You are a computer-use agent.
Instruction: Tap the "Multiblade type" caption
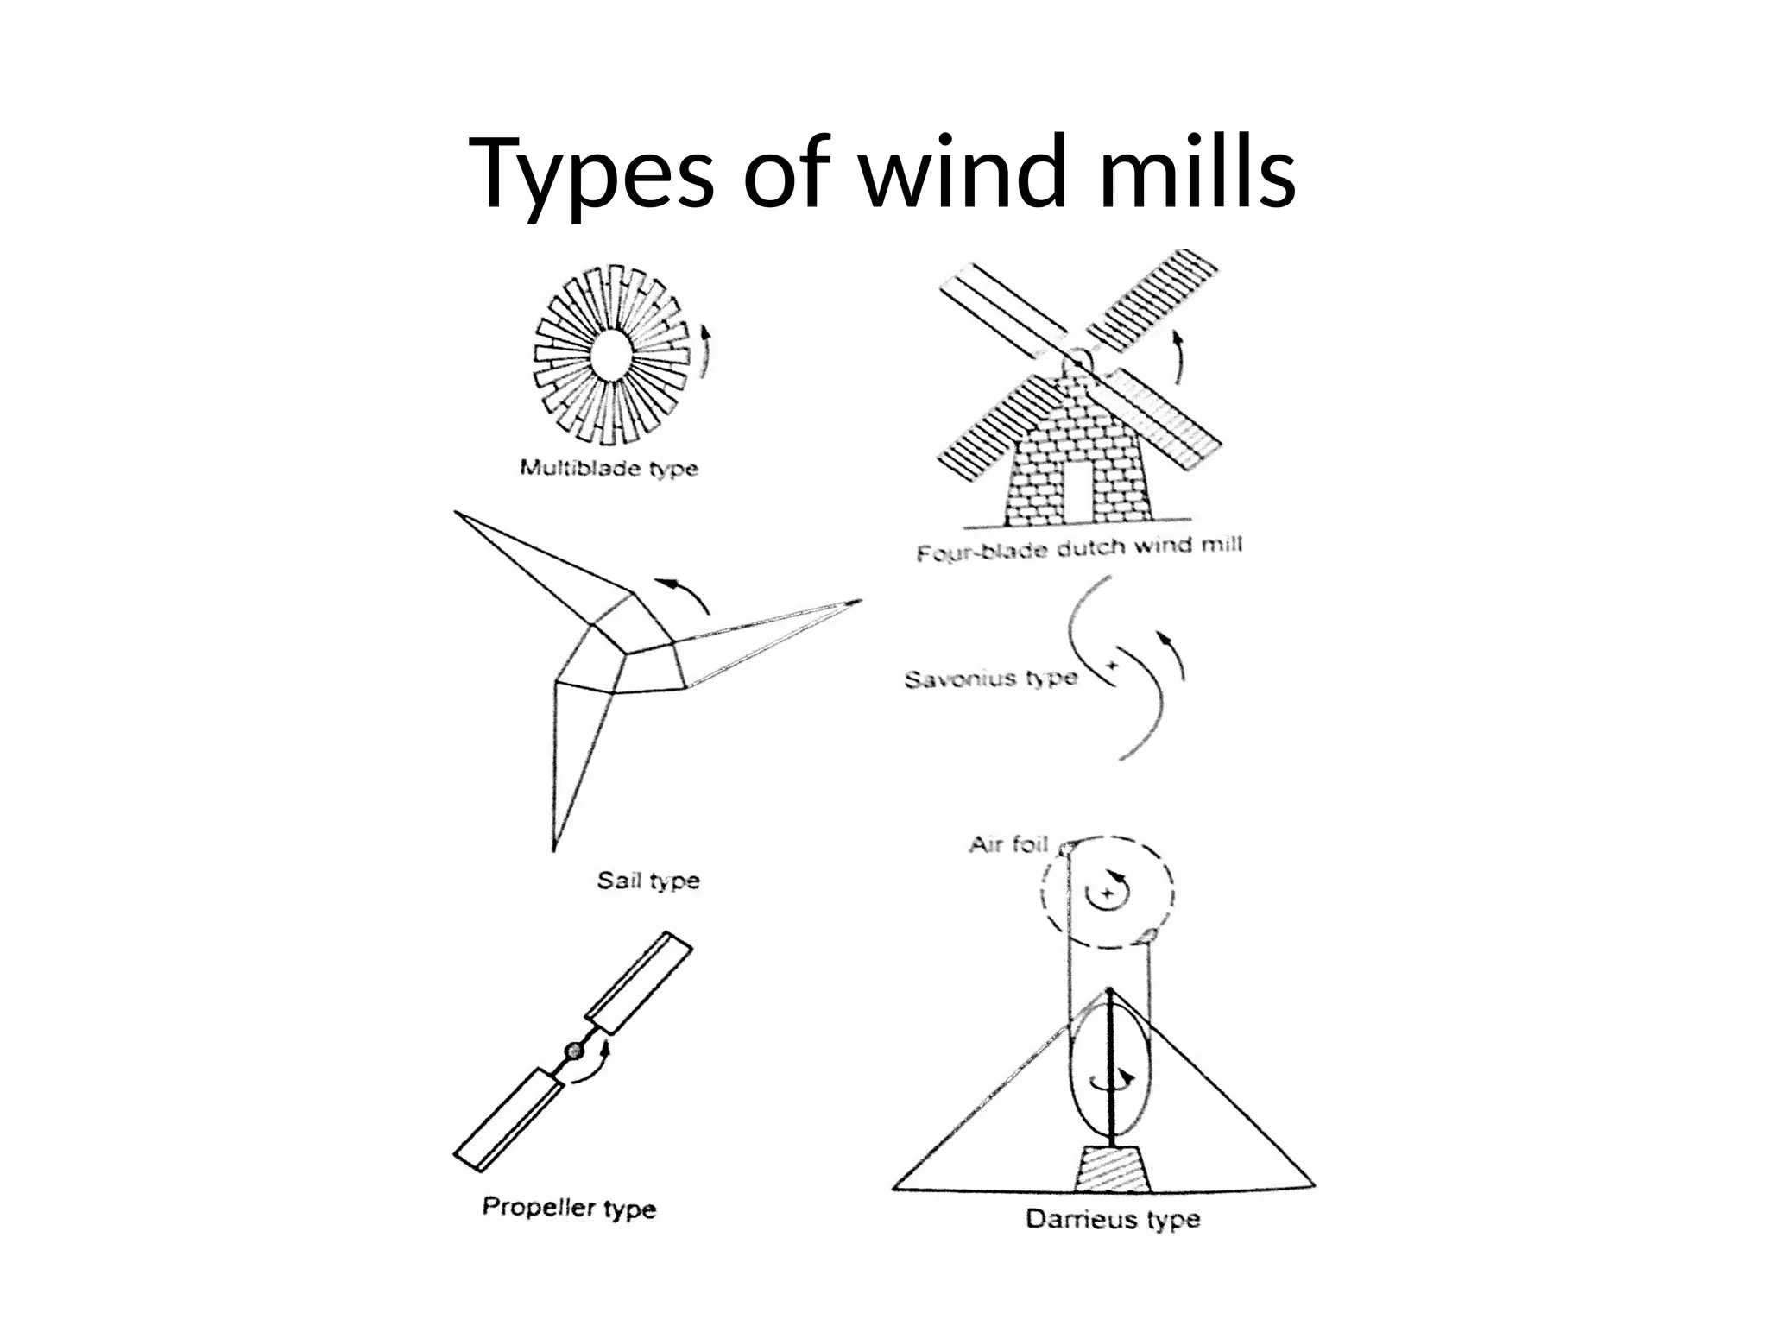(x=609, y=469)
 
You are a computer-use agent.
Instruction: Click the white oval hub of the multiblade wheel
(x=611, y=355)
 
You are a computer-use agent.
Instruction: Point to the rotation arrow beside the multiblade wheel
(x=706, y=351)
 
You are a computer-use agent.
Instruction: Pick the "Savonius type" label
(x=991, y=679)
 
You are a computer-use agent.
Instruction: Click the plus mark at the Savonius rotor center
(x=1112, y=666)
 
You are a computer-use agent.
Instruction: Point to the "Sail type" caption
(x=648, y=881)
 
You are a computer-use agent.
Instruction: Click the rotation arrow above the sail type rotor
(x=682, y=593)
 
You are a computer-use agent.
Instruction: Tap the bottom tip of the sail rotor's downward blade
(x=554, y=847)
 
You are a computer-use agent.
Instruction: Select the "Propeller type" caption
(x=569, y=1207)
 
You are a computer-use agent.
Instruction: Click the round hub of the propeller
(x=573, y=1050)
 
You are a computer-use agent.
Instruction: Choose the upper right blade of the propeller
(x=639, y=982)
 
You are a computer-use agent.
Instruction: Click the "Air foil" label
(x=1007, y=843)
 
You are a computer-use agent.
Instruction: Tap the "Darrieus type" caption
(x=1113, y=1219)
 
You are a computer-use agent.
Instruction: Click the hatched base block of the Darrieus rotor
(x=1110, y=1169)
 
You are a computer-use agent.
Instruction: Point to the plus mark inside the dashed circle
(x=1106, y=893)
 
